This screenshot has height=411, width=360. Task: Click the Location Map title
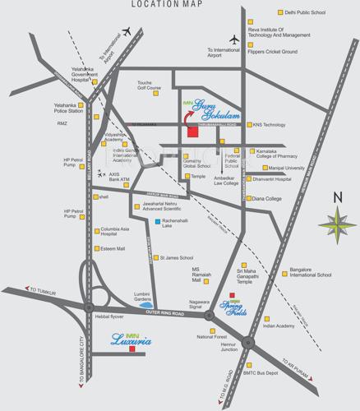coord(179,5)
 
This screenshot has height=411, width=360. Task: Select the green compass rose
coord(337,221)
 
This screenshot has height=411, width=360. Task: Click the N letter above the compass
coord(337,197)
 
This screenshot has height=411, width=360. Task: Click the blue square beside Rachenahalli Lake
coord(158,222)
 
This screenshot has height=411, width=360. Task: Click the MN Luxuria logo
coord(131,337)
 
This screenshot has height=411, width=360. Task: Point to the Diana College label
coord(267,198)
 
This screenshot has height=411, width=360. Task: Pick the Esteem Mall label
coord(112,248)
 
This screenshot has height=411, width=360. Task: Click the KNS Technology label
coord(270,125)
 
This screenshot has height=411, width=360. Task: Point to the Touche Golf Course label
coord(150,85)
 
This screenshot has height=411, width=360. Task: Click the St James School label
coord(176,257)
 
